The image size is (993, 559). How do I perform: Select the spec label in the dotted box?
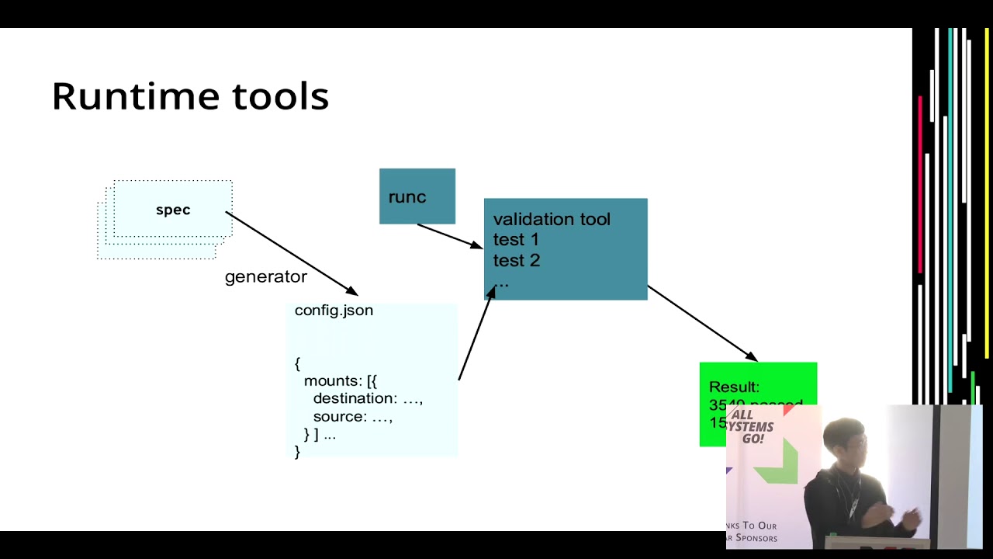(x=173, y=210)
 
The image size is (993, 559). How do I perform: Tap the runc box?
(x=417, y=196)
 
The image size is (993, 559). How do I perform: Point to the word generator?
(x=265, y=277)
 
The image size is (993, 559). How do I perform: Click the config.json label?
(x=334, y=311)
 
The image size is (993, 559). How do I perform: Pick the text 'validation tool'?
(x=552, y=220)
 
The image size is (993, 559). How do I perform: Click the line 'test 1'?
(x=516, y=240)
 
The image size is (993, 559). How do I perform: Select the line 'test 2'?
(x=516, y=261)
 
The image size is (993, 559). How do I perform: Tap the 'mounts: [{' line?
(x=340, y=381)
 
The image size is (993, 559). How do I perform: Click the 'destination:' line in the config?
(x=367, y=399)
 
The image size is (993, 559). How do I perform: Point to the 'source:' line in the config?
(x=352, y=417)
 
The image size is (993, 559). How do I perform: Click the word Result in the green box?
(x=734, y=387)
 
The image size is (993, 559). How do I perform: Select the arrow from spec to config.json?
(x=291, y=253)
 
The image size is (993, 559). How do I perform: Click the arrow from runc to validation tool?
(x=449, y=236)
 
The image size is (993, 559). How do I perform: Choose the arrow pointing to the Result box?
(x=702, y=323)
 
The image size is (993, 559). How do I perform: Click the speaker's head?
(x=846, y=440)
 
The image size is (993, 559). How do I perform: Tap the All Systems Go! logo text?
(x=752, y=427)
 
